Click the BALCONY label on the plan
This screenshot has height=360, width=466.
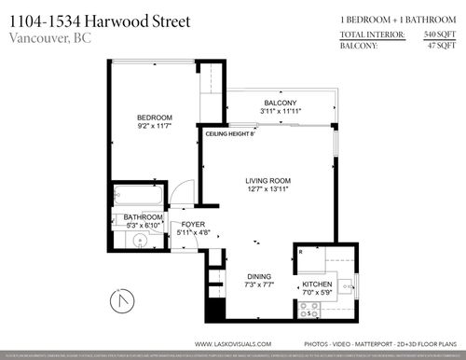tap(280, 103)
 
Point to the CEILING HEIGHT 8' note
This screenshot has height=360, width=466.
tap(230, 134)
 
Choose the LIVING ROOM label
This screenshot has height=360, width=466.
tap(268, 181)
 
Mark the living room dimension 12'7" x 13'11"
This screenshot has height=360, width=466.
tap(268, 190)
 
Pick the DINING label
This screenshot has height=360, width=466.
tap(260, 275)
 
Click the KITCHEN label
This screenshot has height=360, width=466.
tap(317, 284)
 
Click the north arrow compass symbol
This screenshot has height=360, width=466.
tap(116, 303)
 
